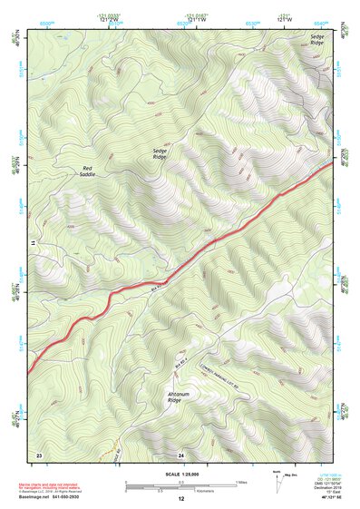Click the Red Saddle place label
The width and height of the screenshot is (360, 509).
coord(88,171)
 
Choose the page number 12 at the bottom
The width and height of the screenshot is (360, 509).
coord(180,500)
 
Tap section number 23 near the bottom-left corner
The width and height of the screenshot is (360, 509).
coord(39,454)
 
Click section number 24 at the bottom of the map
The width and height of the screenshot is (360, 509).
coord(180,454)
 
